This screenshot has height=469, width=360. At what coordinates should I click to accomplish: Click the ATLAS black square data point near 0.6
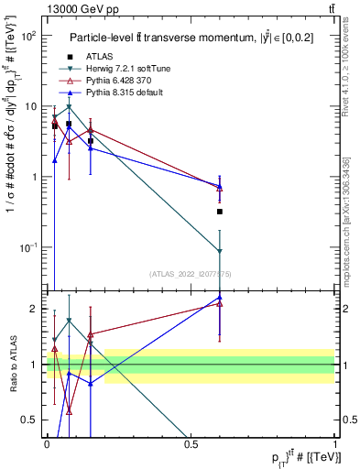(x=220, y=212)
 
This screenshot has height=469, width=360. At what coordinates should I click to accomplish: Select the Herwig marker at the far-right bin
(x=220, y=252)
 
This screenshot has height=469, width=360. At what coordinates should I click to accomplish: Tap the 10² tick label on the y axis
(x=27, y=36)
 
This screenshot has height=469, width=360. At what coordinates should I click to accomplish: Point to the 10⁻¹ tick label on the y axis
(x=27, y=248)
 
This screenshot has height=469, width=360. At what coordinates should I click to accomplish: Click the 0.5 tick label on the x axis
(x=191, y=445)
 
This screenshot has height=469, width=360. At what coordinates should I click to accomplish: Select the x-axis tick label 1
(x=335, y=445)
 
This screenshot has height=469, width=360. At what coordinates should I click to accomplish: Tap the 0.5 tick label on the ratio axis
(x=31, y=420)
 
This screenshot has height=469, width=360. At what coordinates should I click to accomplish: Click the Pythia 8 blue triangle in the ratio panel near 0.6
(x=220, y=297)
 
